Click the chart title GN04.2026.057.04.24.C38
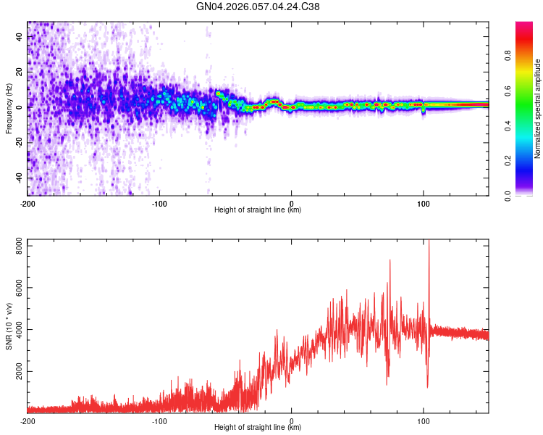tap(258, 7)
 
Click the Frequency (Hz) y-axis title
tap(9, 109)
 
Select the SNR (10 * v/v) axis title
tap(9, 326)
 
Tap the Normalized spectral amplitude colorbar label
tap(538, 109)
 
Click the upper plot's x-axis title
tap(258, 210)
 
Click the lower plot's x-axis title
tap(258, 428)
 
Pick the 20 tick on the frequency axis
tap(20, 72)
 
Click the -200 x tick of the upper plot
tap(28, 203)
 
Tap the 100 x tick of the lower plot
tap(424, 420)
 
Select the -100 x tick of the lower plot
tap(159, 420)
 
